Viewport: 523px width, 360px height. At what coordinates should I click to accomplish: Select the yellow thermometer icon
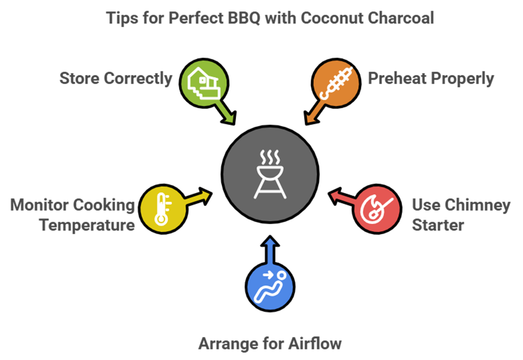coord(162,209)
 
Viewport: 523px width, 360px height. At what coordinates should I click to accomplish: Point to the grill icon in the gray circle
coord(270,174)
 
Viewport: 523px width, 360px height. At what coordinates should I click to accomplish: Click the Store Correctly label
coord(116,78)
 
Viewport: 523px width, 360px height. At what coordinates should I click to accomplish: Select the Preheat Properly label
coord(430,78)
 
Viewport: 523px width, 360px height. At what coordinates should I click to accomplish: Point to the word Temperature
coord(87,224)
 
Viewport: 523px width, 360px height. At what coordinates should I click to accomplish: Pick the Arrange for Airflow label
coord(270,343)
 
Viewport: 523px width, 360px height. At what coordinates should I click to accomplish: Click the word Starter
coord(438,224)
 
